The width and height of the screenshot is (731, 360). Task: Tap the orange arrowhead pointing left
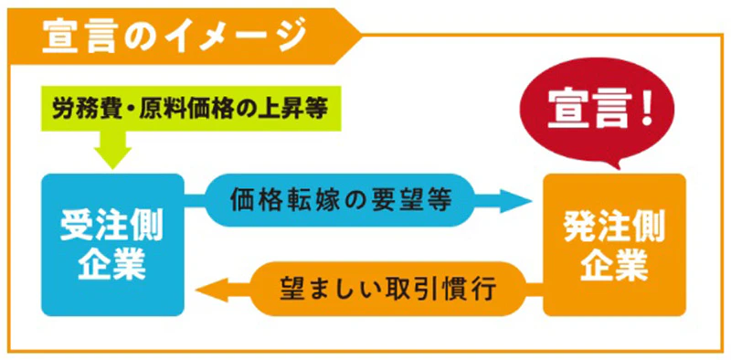[209, 291]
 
